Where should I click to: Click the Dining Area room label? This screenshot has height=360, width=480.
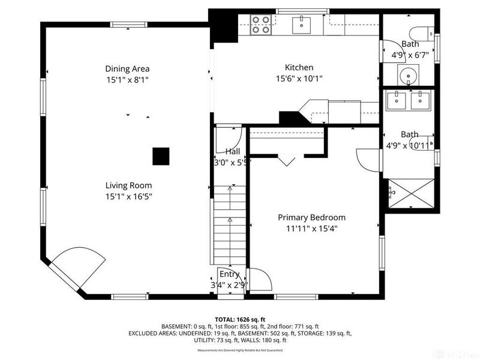127,68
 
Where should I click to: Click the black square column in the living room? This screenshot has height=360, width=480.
160,156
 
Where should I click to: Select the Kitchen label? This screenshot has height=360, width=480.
299,68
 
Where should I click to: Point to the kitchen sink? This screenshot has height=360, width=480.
301,25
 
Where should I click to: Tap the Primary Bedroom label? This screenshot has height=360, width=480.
311,218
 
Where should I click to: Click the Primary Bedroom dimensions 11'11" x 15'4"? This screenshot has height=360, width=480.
311,228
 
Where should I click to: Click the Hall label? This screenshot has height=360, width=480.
233,152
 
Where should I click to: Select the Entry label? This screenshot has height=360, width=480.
229,274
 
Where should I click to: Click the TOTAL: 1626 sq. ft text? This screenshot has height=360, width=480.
240,319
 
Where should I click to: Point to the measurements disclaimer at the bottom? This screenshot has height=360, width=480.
240,350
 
